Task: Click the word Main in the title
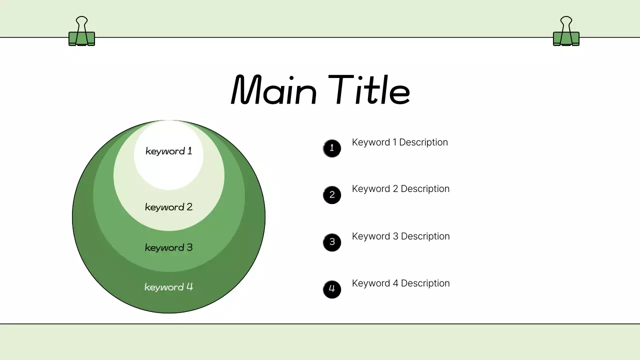pos(274,90)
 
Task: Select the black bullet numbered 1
pos(332,148)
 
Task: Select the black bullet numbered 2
pos(332,195)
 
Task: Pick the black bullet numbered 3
pos(332,242)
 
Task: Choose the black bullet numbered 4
pos(332,289)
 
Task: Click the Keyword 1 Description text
pos(400,142)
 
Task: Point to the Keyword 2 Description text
pos(400,189)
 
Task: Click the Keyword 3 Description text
pos(400,236)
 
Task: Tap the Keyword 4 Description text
pos(400,283)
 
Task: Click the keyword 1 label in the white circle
pos(168,151)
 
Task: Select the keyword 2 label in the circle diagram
pos(168,207)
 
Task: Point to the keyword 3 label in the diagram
pos(168,247)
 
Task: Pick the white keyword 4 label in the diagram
pos(168,287)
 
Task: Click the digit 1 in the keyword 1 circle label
pos(189,150)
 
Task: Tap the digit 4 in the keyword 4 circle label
pos(189,287)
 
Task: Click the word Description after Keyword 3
pos(425,236)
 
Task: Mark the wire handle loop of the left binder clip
pos(81,22)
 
